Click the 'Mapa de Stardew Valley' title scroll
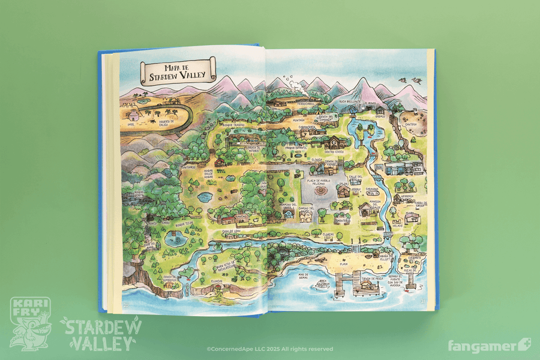pos(178,70)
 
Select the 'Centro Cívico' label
pos(339,152)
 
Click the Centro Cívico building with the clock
pos(334,143)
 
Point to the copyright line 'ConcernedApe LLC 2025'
pos(269,349)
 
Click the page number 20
pos(126,305)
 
